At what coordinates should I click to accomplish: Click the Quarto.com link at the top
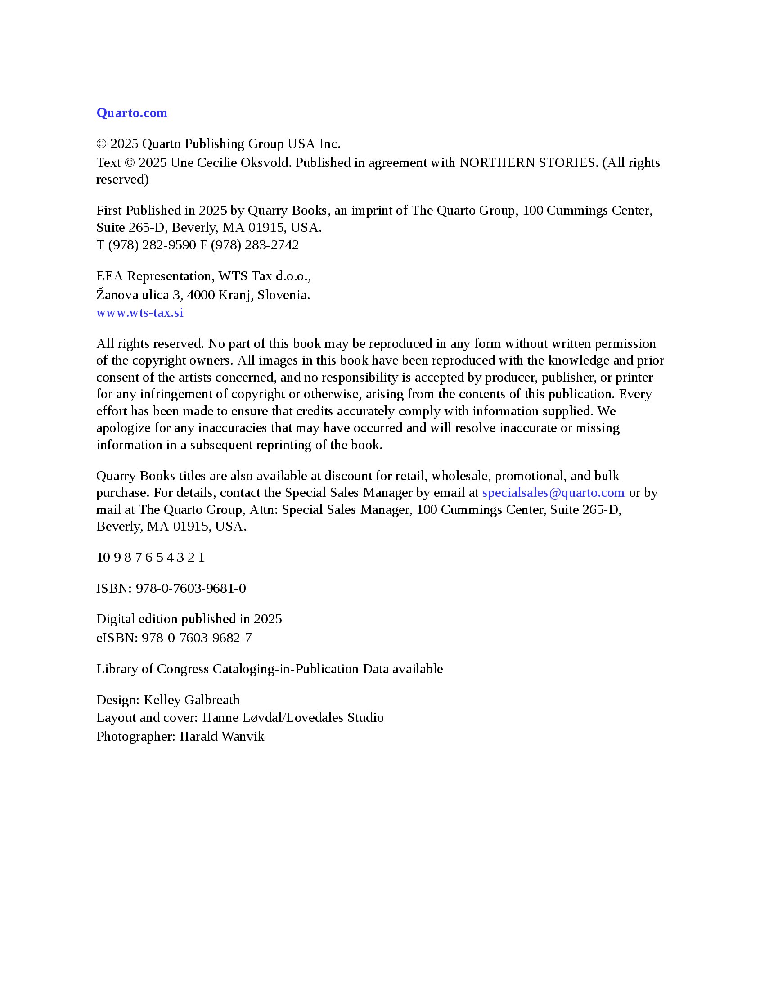pyautogui.click(x=131, y=113)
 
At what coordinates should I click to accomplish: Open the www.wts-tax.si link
pyautogui.click(x=139, y=313)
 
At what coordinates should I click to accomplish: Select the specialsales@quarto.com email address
pyautogui.click(x=553, y=493)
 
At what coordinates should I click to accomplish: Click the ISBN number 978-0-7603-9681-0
pyautogui.click(x=191, y=589)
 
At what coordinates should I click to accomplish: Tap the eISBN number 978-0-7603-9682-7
pyautogui.click(x=197, y=638)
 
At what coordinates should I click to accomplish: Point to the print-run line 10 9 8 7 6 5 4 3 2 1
pyautogui.click(x=150, y=557)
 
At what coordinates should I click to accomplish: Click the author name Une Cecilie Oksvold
pyautogui.click(x=230, y=163)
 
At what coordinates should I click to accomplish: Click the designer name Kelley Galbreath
pyautogui.click(x=192, y=700)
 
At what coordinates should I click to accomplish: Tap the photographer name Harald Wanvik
pyautogui.click(x=221, y=736)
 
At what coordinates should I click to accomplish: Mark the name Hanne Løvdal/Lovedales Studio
pyautogui.click(x=293, y=718)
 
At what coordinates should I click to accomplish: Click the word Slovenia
pyautogui.click(x=283, y=295)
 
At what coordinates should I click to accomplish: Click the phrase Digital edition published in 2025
pyautogui.click(x=189, y=619)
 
